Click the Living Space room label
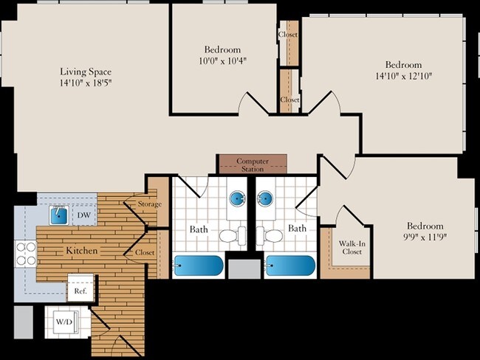click(86, 72)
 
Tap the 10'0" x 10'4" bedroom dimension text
click(222, 61)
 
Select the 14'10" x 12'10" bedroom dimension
click(403, 76)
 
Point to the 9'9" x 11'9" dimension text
click(425, 237)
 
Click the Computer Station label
click(253, 165)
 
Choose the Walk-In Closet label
click(352, 247)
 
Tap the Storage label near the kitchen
click(150, 204)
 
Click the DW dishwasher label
click(84, 215)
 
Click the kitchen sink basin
click(59, 215)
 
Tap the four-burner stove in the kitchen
click(26, 254)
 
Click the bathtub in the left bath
click(199, 266)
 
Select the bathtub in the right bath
click(290, 266)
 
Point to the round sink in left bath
click(238, 198)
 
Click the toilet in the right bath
click(270, 235)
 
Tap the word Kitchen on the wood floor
click(82, 251)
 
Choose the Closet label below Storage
click(145, 252)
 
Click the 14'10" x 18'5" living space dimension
click(86, 83)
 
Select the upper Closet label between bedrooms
click(288, 34)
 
